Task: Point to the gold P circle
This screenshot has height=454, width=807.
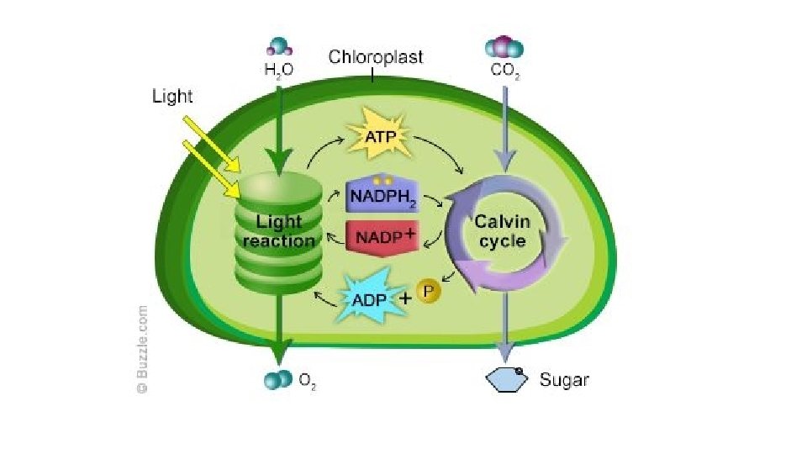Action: (x=429, y=292)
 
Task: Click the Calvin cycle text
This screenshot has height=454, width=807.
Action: (x=503, y=231)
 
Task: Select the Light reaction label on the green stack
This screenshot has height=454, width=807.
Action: (x=279, y=231)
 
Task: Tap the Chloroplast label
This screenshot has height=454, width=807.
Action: (x=376, y=58)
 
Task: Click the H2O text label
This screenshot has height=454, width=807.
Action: (x=279, y=71)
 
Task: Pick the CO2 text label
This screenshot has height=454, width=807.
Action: (x=504, y=71)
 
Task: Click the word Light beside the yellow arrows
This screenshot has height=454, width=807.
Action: (x=172, y=97)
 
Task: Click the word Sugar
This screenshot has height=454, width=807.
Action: (x=564, y=380)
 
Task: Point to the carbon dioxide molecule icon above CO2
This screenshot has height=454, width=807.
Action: (x=504, y=47)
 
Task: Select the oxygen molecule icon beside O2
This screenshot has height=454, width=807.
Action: (x=277, y=380)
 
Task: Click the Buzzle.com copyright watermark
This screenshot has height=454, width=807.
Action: (x=143, y=349)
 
